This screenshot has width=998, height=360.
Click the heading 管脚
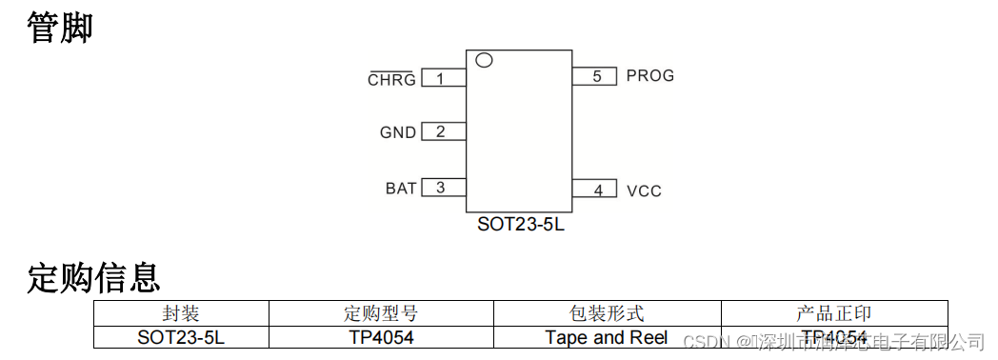click(x=60, y=28)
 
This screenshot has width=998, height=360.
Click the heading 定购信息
click(x=93, y=278)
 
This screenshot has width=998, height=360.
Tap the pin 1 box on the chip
click(x=443, y=78)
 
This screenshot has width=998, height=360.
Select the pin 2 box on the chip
click(x=443, y=132)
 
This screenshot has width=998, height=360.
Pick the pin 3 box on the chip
click(x=443, y=188)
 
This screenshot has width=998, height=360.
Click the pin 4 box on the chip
click(x=595, y=190)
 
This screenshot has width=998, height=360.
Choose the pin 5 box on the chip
click(x=595, y=76)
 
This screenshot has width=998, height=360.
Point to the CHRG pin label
click(x=391, y=80)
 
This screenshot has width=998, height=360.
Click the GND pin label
click(x=398, y=133)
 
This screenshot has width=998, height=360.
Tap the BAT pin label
click(x=401, y=189)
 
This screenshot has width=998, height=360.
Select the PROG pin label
click(x=650, y=76)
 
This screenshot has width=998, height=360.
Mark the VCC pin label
click(x=644, y=190)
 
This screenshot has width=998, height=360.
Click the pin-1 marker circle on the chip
click(x=484, y=60)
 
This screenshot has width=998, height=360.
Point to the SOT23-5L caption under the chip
click(x=520, y=226)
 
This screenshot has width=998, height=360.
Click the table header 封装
click(x=181, y=313)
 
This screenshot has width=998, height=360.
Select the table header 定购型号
click(x=380, y=313)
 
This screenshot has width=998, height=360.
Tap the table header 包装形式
click(x=606, y=313)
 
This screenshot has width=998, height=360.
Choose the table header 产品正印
click(x=833, y=313)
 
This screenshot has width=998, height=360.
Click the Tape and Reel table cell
click(x=606, y=337)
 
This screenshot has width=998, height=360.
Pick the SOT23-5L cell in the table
click(x=181, y=337)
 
